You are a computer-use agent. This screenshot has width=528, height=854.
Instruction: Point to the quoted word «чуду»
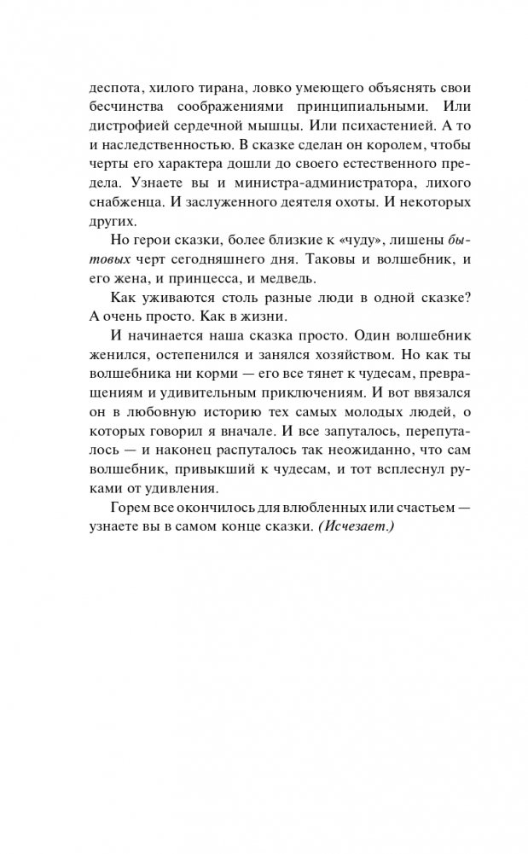pyautogui.click(x=328, y=241)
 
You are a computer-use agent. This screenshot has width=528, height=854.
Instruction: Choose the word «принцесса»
pyautogui.click(x=233, y=278)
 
